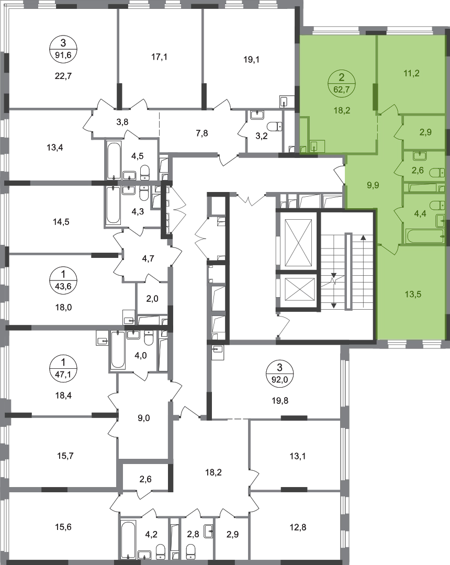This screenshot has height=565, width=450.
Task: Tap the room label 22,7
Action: pyautogui.click(x=63, y=76)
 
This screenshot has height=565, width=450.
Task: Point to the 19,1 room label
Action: pyautogui.click(x=252, y=60)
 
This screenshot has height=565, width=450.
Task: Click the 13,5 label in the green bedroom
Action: pyautogui.click(x=413, y=295)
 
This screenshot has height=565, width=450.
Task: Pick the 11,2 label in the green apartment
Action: pyautogui.click(x=411, y=74)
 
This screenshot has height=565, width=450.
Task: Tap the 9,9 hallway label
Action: pyautogui.click(x=373, y=186)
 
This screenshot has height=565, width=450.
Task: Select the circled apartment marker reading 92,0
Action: pyautogui.click(x=279, y=375)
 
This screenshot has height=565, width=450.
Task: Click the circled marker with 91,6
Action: pyautogui.click(x=63, y=49)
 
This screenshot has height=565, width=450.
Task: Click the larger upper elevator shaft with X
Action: pyautogui.click(x=298, y=241)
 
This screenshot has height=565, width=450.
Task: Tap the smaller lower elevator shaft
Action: pyautogui.click(x=298, y=290)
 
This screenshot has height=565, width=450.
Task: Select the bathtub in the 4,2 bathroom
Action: pyautogui.click(x=128, y=540)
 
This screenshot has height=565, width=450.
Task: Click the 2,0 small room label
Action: pyautogui.click(x=152, y=299)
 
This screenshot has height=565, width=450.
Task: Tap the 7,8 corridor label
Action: pyautogui.click(x=202, y=134)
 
